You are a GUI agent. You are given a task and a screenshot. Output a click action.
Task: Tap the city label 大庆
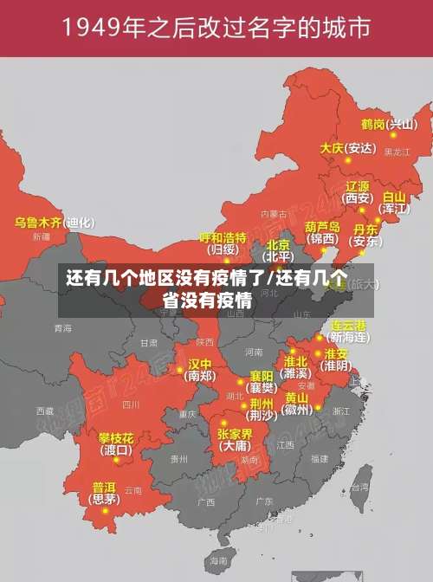click(x=332, y=148)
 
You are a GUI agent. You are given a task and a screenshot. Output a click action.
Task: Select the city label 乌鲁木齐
click(x=38, y=223)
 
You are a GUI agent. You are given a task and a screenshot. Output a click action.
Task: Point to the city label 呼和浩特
click(x=223, y=237)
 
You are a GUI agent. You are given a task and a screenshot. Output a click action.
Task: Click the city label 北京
click(x=278, y=244)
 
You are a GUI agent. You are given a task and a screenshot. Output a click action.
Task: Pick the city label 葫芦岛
click(x=322, y=226)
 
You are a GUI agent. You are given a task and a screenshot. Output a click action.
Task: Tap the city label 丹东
click(x=365, y=230)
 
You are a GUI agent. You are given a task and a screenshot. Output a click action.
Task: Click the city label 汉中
click(x=200, y=364)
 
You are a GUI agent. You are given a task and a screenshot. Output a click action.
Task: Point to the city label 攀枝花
click(x=115, y=437)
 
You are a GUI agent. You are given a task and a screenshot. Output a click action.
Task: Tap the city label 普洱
click(x=104, y=487)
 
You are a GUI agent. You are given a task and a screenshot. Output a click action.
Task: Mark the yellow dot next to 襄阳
click(x=241, y=381)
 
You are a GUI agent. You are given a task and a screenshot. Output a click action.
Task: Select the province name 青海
click(x=62, y=329)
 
